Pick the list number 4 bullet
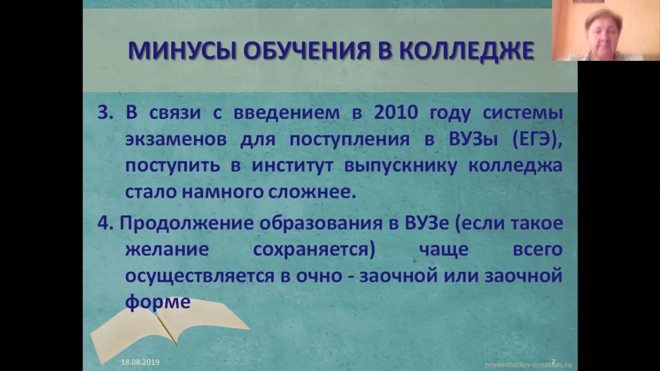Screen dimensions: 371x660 pos(105,223)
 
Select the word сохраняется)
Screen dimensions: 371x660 pos(313,249)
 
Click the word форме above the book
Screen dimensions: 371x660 pos(158,302)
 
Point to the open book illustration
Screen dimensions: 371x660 pos(165,330)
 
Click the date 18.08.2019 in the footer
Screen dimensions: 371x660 pos(140,362)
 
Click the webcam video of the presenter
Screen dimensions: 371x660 pos(606,30)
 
